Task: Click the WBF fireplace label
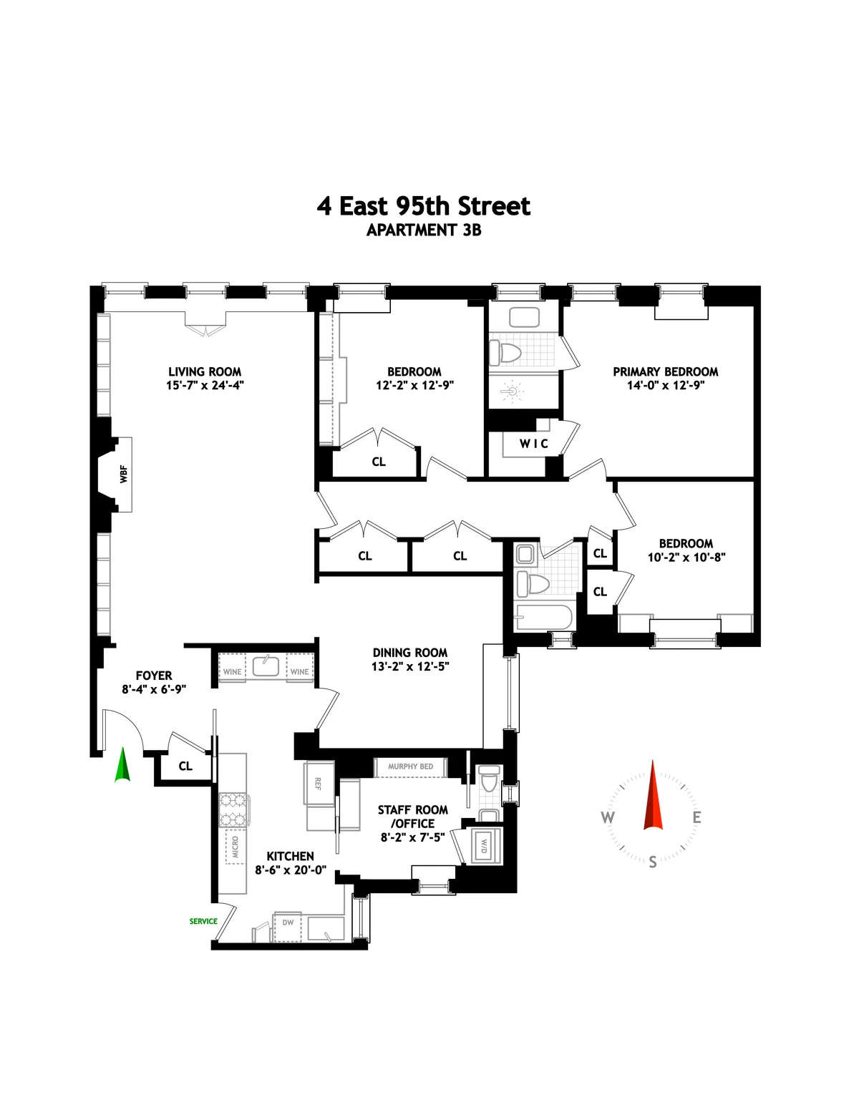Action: coord(124,474)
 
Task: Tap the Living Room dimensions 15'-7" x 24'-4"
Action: coord(205,385)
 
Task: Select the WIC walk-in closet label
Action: coord(534,444)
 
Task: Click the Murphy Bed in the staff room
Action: coord(410,766)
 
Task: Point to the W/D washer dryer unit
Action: coord(485,845)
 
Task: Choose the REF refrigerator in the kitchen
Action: coord(317,784)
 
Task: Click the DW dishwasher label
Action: coord(288,923)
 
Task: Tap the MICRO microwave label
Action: coord(235,847)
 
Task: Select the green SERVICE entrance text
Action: coord(203,921)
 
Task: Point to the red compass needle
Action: coord(653,796)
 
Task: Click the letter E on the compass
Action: coord(697,817)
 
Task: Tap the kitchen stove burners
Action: coord(232,809)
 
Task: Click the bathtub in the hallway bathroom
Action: coord(544,618)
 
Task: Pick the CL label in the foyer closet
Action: coord(185,766)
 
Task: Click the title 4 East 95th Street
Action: coord(424,206)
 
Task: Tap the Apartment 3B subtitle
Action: coord(424,230)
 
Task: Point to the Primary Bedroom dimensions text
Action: coord(666,385)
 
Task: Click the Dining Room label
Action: coord(410,653)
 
